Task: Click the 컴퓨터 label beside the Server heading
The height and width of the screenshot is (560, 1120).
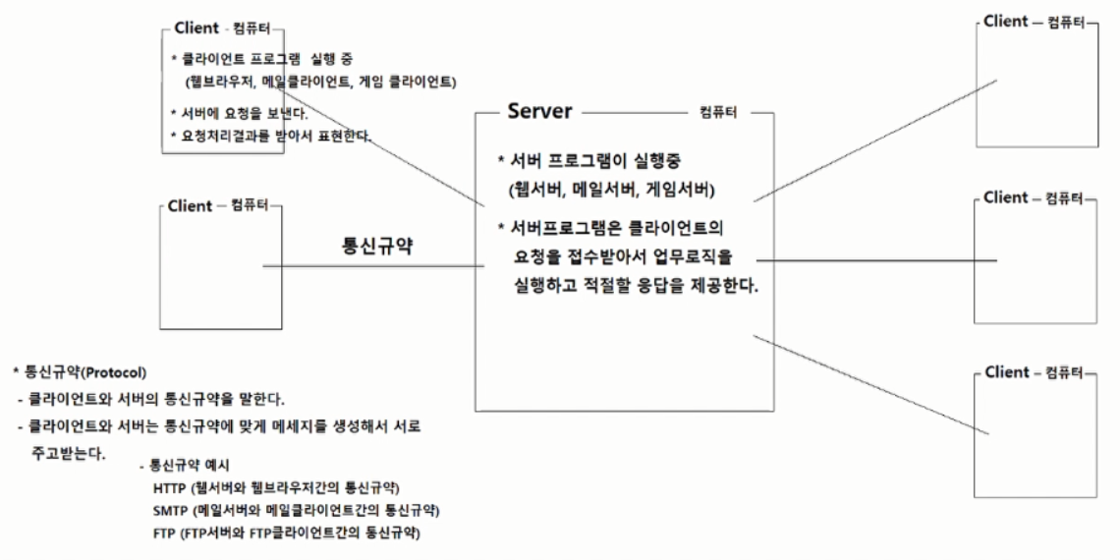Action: click(719, 113)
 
